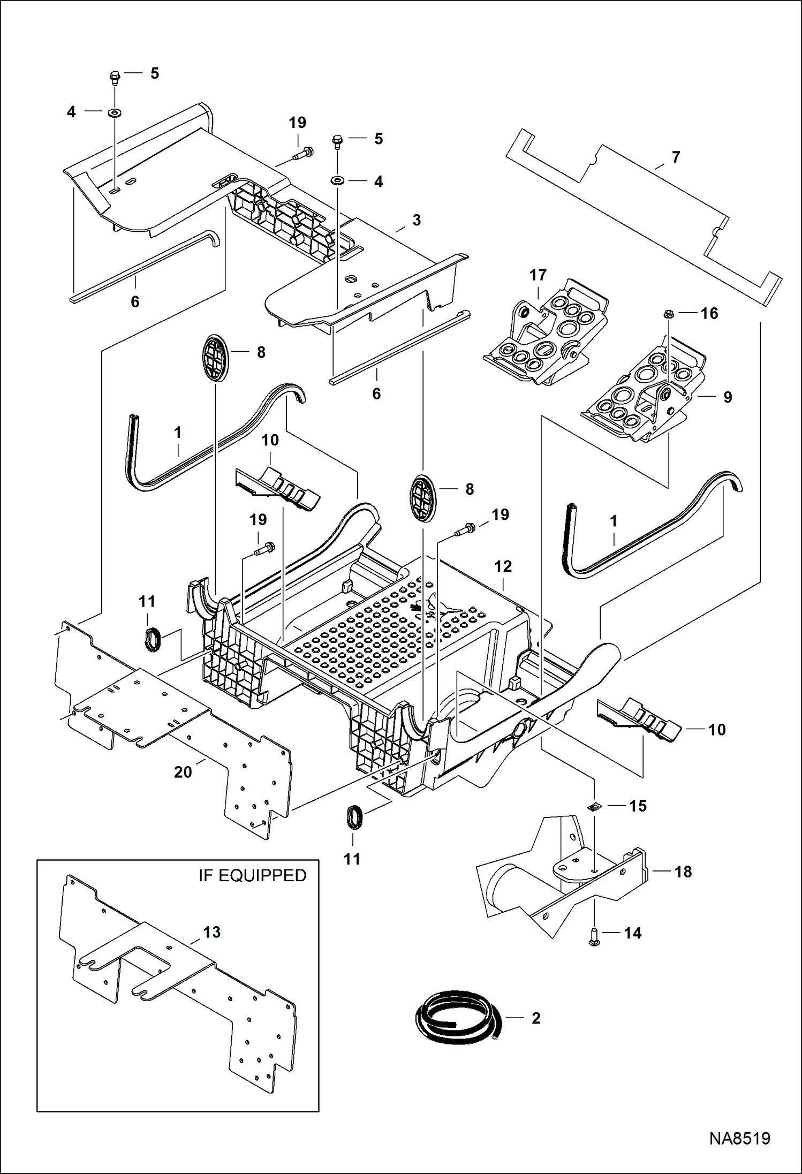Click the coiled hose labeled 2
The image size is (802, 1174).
458,1017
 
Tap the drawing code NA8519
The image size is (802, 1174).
739,1138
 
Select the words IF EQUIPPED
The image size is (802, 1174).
252,875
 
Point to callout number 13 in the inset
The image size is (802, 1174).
211,932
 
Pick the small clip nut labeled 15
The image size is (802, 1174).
593,806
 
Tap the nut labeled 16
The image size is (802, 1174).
668,314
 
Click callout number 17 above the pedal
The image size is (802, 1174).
538,275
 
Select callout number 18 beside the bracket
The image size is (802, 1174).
683,872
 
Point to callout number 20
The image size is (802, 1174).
183,772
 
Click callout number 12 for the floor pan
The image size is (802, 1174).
503,566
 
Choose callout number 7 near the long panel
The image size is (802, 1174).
676,157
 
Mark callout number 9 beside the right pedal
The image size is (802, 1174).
728,397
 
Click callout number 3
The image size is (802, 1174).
417,220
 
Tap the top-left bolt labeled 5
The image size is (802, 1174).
115,78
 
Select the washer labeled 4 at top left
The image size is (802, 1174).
115,112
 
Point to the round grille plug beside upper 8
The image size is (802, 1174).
215,358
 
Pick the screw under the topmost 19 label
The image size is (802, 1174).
304,154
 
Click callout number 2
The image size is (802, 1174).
536,1018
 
